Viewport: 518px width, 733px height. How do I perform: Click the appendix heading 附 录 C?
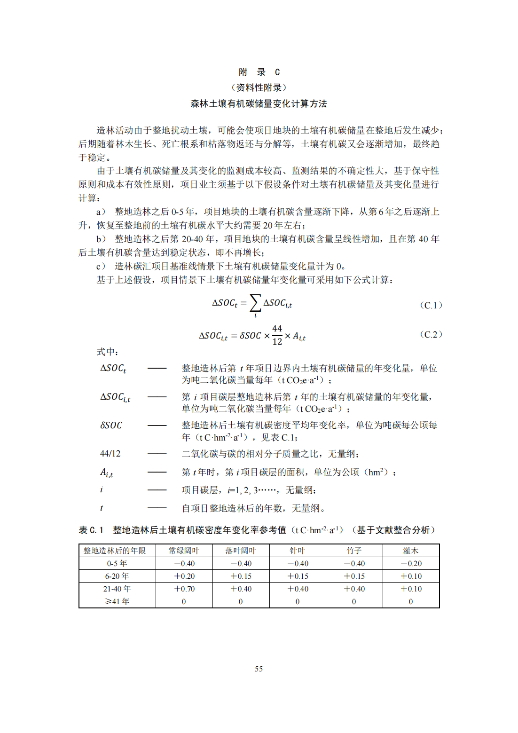pyautogui.click(x=259, y=72)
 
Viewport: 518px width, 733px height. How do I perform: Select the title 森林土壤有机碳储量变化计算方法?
pyautogui.click(x=259, y=103)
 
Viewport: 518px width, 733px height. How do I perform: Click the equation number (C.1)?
pyautogui.click(x=431, y=305)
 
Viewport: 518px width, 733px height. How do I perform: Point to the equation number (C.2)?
pyautogui.click(x=431, y=334)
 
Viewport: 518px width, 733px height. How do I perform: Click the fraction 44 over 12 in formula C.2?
pyautogui.click(x=277, y=335)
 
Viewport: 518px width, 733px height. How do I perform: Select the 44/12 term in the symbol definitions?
pyautogui.click(x=110, y=454)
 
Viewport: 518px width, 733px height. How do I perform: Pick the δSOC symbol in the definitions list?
pyautogui.click(x=111, y=426)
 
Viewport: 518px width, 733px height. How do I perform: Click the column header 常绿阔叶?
pyautogui.click(x=184, y=551)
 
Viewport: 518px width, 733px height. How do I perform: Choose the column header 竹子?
pyautogui.click(x=354, y=551)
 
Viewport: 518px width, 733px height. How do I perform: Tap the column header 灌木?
pyautogui.click(x=411, y=551)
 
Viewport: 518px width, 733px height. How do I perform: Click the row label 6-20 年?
pyautogui.click(x=117, y=576)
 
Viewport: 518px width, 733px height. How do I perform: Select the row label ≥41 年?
pyautogui.click(x=117, y=601)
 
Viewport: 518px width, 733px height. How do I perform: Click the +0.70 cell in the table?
pyautogui.click(x=184, y=589)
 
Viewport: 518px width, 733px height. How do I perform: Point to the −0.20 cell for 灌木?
pyautogui.click(x=411, y=563)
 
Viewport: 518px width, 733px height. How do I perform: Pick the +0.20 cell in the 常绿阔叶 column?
pyautogui.click(x=184, y=576)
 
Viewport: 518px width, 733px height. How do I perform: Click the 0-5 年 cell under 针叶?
pyautogui.click(x=298, y=563)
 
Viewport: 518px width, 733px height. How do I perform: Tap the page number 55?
pyautogui.click(x=259, y=669)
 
